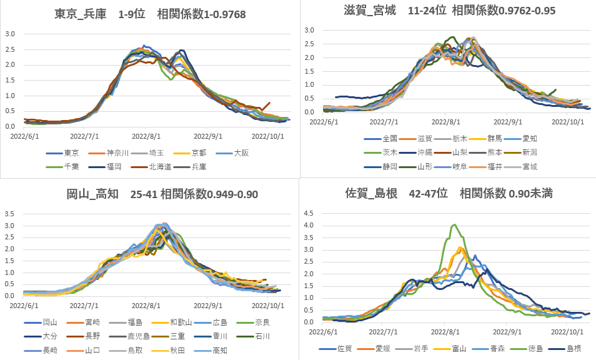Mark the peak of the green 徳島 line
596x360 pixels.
[x=454, y=225]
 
